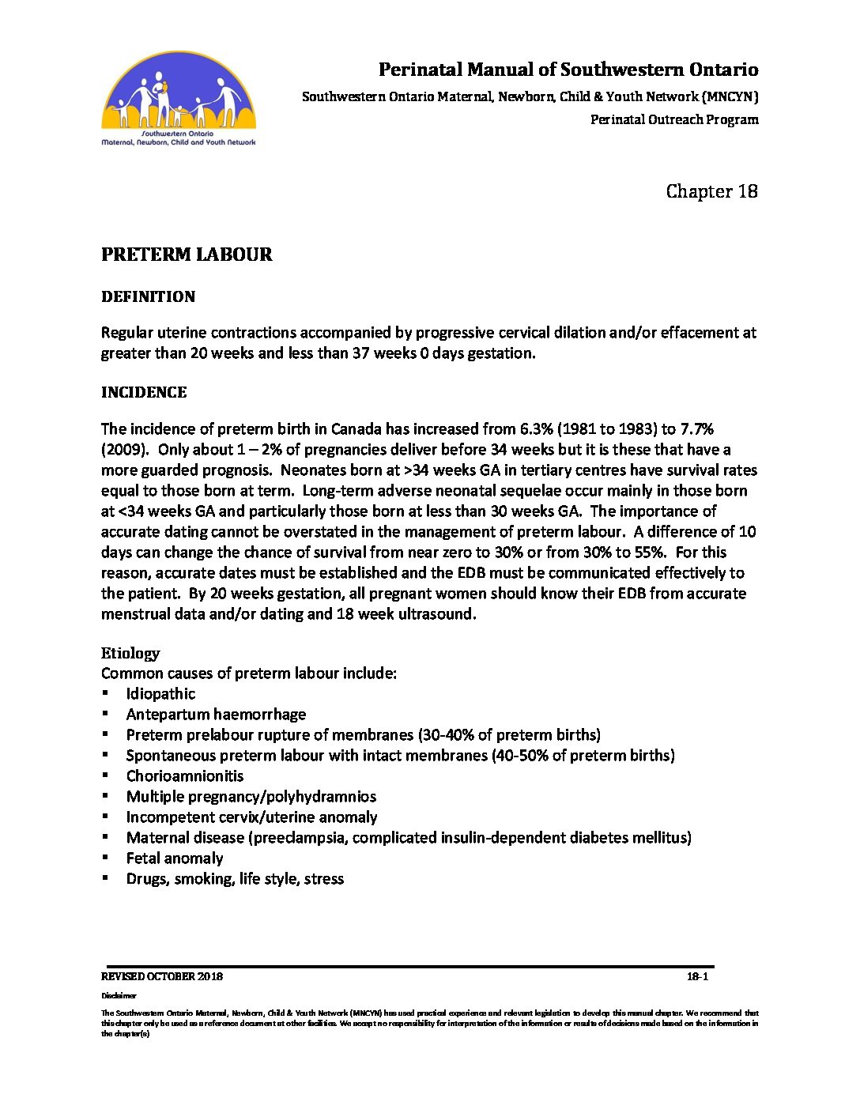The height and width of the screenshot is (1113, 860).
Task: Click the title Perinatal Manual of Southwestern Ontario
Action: pos(568,70)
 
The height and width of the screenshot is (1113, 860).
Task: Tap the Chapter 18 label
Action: pos(711,191)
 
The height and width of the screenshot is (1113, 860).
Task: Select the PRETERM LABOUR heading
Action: pos(187,255)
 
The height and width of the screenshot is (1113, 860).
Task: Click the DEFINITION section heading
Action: pos(148,297)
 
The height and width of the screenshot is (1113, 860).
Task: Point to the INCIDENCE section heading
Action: pos(144,393)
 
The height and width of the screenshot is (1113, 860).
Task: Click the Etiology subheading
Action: pos(130,653)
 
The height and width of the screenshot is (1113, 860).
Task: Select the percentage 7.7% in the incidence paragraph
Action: pos(696,429)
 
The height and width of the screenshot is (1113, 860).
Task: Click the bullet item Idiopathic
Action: pos(160,694)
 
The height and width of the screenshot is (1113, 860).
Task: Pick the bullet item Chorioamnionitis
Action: pos(185,776)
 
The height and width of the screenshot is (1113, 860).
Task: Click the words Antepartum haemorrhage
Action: pos(216,715)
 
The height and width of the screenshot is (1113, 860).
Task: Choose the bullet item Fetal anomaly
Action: pos(175,858)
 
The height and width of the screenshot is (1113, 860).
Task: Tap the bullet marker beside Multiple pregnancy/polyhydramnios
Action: pos(105,797)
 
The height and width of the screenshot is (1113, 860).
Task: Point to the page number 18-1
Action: pos(697,976)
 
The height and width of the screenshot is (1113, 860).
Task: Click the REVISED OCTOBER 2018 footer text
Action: pos(162,976)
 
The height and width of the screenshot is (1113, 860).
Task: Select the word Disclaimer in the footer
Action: pos(119,996)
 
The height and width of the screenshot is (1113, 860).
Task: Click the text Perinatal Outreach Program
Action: pos(674,120)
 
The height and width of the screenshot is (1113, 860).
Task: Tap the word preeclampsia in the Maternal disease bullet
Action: pos(298,838)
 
